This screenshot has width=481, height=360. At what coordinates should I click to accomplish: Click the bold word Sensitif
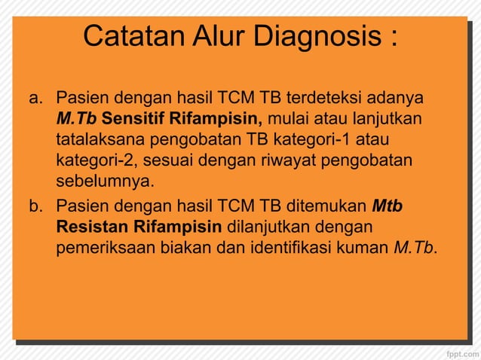(x=133, y=119)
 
